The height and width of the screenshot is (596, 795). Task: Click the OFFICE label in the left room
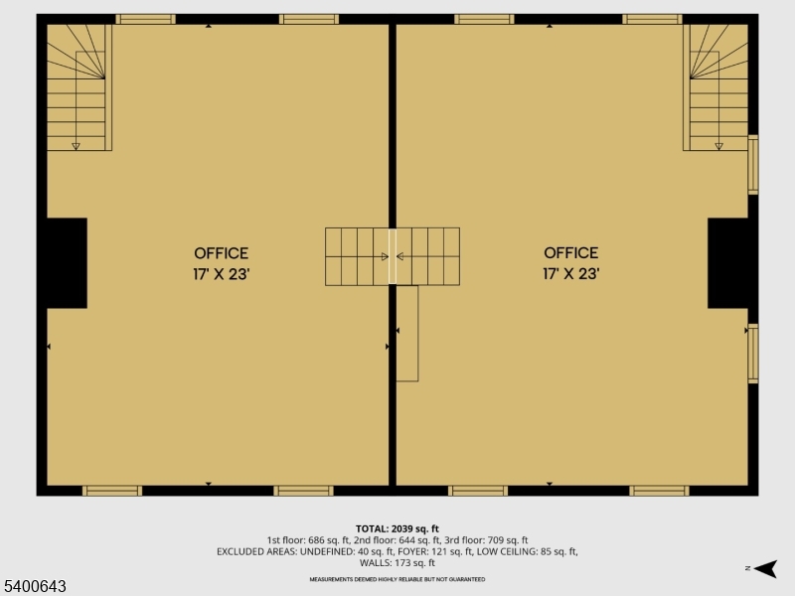pos(221,253)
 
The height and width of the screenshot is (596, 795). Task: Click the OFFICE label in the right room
pos(570,252)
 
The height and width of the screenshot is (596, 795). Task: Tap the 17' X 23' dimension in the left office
pos(221,274)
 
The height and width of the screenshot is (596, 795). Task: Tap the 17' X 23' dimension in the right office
pos(570,274)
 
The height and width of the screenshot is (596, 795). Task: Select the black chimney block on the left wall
pos(67,263)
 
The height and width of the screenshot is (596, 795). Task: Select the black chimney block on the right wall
pos(727,263)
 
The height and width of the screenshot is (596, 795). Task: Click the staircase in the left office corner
pos(79,87)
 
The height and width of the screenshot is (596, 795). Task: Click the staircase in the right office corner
pos(715,87)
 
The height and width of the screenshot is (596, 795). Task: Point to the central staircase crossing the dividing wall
pos(393,256)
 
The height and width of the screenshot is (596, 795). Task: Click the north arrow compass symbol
pos(764,568)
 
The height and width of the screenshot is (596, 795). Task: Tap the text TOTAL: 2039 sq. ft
pos(397,528)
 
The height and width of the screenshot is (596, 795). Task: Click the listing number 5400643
pos(34,586)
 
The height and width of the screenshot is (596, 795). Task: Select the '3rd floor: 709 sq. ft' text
pos(486,540)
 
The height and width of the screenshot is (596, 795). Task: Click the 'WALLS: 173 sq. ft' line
pos(397,562)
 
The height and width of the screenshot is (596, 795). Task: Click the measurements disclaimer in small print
pos(397,579)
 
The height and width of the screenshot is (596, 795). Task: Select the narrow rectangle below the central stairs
pos(407,334)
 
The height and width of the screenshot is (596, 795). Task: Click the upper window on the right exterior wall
pos(753,165)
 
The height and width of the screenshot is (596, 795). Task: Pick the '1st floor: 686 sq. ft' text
pos(308,540)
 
